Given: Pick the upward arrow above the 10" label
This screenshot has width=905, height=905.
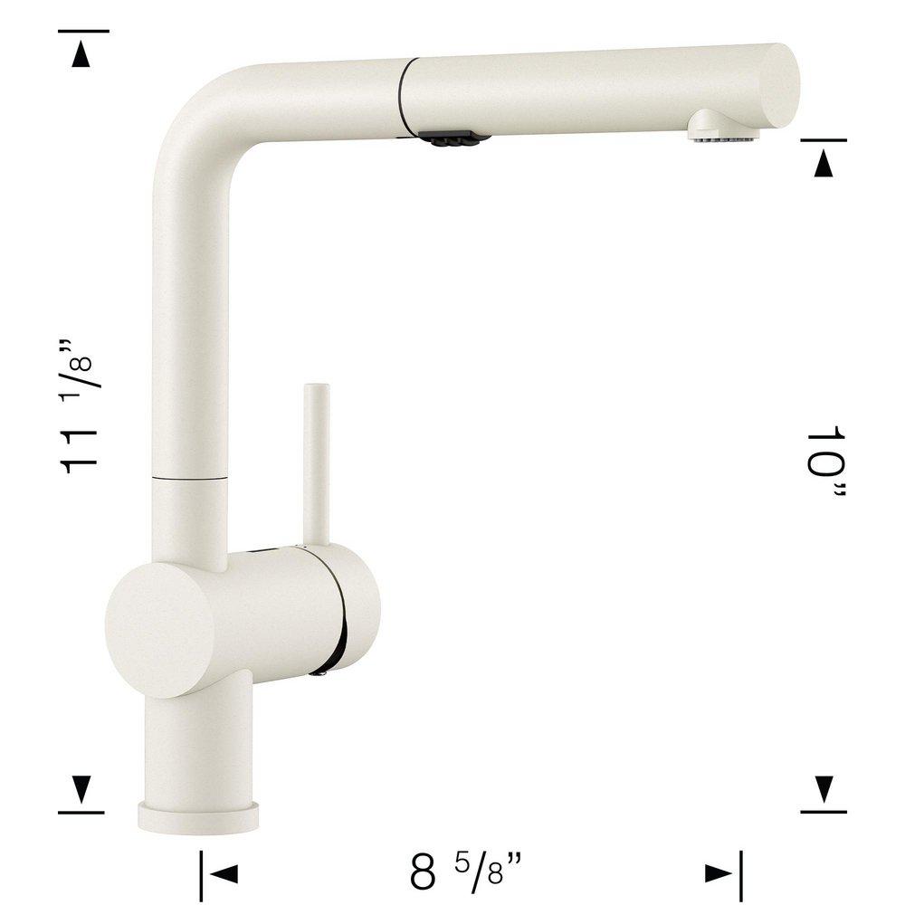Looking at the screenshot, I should [x=824, y=164].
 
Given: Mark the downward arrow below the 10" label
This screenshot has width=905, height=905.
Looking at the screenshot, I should [x=824, y=790].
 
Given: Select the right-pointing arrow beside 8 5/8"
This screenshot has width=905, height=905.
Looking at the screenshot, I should [x=719, y=874].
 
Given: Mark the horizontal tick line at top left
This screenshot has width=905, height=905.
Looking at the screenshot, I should [x=83, y=31].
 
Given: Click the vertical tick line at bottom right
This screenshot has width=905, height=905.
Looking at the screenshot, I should [x=740, y=874].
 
